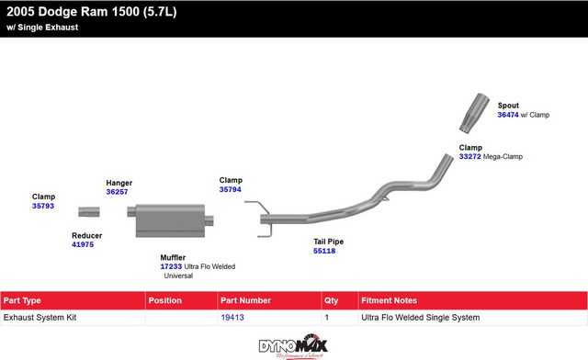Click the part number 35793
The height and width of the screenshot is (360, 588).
(43, 206)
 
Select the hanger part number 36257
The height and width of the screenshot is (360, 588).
(117, 192)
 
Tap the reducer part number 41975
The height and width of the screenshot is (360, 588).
(83, 244)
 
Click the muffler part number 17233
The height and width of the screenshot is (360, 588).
(171, 266)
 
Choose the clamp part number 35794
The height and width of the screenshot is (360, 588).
(231, 189)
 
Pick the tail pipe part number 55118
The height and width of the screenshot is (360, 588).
(324, 251)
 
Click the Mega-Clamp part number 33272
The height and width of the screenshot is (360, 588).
(469, 156)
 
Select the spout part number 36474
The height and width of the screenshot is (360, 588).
(508, 115)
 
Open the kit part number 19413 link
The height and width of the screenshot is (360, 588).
(232, 317)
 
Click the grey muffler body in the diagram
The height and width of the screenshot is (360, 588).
(170, 220)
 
